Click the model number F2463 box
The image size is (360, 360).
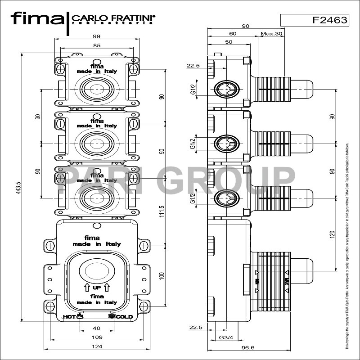coord(314,20)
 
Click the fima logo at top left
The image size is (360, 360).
coord(38,19)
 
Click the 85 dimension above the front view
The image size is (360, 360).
coord(97,45)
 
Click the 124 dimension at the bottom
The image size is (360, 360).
coord(97,346)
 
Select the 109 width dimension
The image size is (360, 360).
coord(97,337)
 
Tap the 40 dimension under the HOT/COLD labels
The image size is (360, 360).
coord(97,328)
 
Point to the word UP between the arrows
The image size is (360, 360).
coord(97,288)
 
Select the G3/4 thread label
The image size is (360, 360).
coord(225,337)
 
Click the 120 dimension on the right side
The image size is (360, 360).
coord(332,234)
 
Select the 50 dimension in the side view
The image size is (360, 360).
coord(229,42)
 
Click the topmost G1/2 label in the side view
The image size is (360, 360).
coord(193,90)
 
